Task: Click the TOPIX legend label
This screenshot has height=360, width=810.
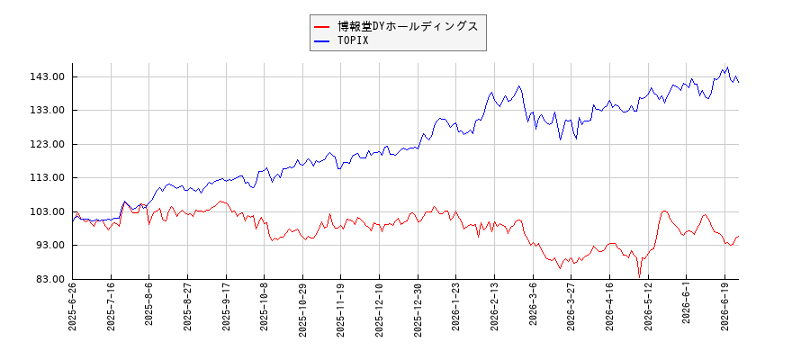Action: [353, 40]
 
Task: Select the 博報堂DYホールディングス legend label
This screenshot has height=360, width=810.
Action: [408, 26]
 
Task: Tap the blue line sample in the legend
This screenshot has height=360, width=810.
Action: [322, 41]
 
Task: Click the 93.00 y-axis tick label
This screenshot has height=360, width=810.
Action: [51, 246]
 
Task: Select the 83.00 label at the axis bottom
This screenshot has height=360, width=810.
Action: [51, 279]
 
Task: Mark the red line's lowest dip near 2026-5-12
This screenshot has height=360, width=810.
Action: [640, 277]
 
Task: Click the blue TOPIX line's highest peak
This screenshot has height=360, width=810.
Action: [727, 67]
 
